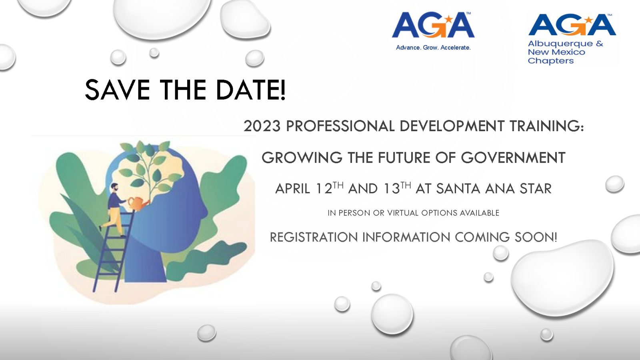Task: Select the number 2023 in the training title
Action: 262,126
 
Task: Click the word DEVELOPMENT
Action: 452,126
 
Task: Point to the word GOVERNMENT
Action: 513,158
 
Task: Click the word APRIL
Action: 292,189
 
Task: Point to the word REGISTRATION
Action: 314,238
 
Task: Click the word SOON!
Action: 536,238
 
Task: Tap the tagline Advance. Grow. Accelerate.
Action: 433,48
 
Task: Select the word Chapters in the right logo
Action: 550,61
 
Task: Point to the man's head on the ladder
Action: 114,188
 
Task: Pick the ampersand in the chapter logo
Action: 600,44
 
